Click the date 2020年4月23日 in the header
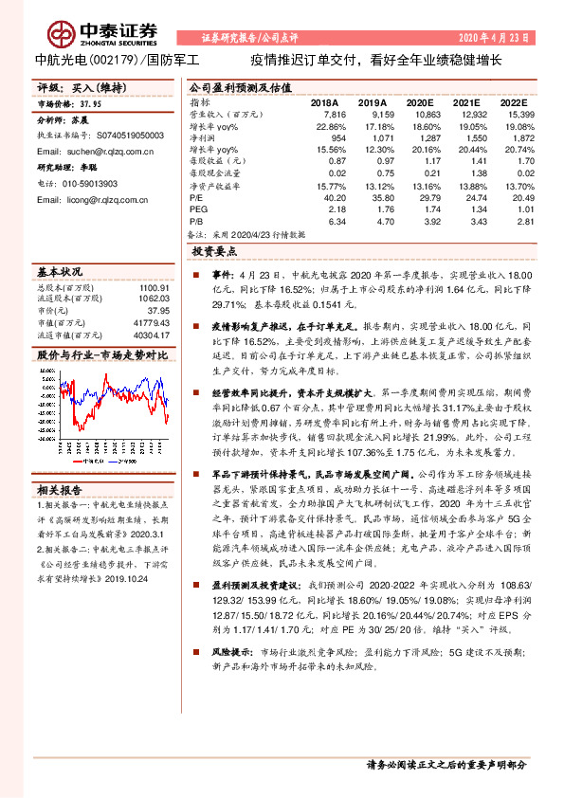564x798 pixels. [499, 37]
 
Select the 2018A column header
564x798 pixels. [325, 101]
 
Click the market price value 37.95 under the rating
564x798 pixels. [91, 103]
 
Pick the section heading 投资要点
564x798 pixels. [214, 253]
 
